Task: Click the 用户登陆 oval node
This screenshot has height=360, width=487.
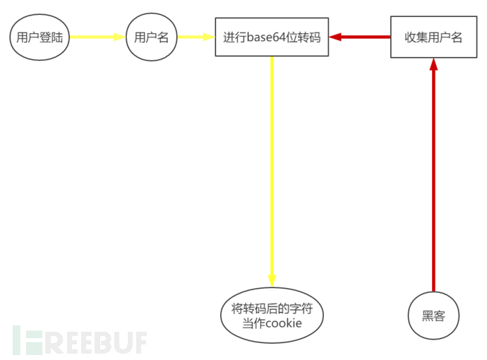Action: tap(40, 37)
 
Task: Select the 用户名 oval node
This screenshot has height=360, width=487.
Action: tap(152, 37)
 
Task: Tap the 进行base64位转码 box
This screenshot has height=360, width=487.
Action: tap(272, 37)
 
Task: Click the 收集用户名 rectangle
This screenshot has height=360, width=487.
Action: tap(433, 37)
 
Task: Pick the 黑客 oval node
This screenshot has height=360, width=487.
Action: tap(433, 316)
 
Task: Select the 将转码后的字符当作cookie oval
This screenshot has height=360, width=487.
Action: tap(272, 316)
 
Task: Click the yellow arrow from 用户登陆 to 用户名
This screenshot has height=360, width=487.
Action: tap(97, 37)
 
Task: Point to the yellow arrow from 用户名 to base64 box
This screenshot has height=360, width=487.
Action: tap(196, 37)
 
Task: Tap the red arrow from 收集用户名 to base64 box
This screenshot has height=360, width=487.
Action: tap(360, 37)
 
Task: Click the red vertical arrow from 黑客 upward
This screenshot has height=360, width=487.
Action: tap(433, 176)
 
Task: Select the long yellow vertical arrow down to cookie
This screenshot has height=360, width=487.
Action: tap(272, 169)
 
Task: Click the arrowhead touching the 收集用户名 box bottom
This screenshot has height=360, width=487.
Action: tap(433, 64)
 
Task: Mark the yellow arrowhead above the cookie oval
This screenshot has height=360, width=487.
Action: tap(272, 280)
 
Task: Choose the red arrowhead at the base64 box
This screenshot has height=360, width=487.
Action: tap(335, 37)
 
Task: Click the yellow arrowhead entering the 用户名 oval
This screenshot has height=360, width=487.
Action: tap(120, 37)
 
